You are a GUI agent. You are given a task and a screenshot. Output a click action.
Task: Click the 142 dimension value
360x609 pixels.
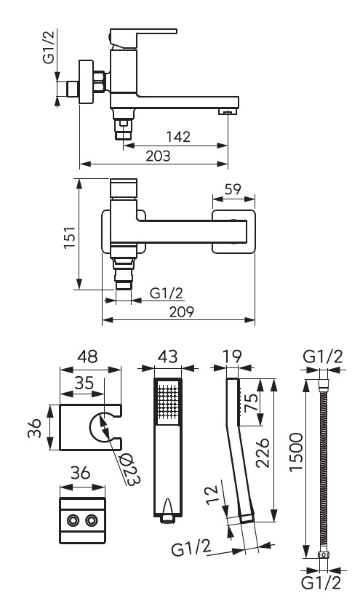(x=178, y=137)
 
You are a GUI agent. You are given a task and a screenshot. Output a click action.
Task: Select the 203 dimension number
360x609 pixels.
(x=158, y=156)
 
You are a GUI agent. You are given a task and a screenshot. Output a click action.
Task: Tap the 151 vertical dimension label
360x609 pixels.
(x=71, y=238)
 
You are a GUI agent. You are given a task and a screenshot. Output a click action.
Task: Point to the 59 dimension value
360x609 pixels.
(x=233, y=189)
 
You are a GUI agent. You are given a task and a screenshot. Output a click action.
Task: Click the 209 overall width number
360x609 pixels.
(x=181, y=312)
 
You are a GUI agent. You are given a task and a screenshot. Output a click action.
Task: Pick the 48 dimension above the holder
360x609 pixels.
(x=88, y=357)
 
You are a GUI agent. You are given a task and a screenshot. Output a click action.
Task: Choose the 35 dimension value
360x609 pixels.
(x=84, y=383)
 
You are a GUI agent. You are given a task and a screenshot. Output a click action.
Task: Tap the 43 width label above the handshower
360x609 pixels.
(x=168, y=357)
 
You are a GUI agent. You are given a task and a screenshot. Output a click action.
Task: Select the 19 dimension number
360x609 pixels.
(x=233, y=357)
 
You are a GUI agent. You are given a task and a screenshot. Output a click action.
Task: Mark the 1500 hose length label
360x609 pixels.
(x=296, y=452)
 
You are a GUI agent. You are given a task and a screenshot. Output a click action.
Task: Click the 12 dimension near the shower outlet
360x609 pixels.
(x=212, y=495)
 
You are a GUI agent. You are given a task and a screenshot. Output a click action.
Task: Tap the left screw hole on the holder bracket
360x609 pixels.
(x=72, y=520)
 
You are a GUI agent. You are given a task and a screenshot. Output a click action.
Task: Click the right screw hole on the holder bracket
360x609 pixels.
(x=91, y=520)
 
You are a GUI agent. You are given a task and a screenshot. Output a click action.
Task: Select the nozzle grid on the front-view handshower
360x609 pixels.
(x=168, y=402)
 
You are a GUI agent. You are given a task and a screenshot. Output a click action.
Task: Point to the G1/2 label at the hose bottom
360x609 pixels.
(x=321, y=583)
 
